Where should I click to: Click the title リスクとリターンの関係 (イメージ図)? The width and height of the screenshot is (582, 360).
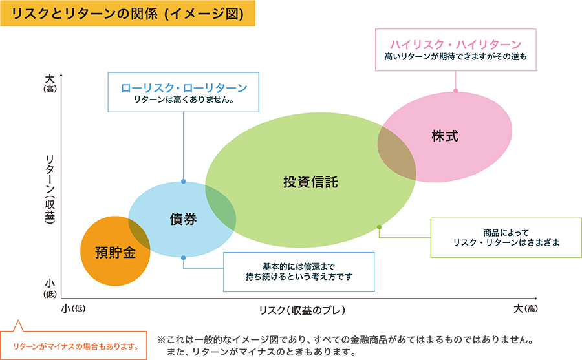(x=128, y=14)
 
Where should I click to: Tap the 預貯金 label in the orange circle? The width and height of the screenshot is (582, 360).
(x=114, y=251)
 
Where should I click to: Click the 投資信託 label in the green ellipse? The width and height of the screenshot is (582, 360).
(x=310, y=182)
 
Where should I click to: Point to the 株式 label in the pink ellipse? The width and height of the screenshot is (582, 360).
(x=445, y=136)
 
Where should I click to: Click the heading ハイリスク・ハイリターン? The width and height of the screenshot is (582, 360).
(x=455, y=44)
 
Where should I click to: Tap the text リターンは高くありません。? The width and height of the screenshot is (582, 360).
(x=184, y=100)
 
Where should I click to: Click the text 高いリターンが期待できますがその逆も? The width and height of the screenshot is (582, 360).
(x=455, y=57)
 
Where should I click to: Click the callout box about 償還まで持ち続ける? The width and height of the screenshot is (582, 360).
(x=299, y=271)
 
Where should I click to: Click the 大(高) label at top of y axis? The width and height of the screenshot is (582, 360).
(x=50, y=82)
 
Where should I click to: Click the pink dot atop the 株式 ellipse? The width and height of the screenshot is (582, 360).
(x=456, y=90)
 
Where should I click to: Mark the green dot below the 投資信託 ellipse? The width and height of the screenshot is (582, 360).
(x=379, y=227)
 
